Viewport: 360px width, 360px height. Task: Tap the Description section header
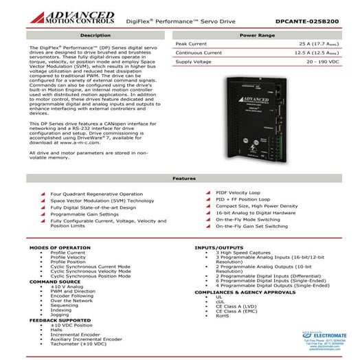95,34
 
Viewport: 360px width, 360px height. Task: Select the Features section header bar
179,178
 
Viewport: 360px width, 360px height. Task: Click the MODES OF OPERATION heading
60,246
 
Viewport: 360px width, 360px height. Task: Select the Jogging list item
60,315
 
